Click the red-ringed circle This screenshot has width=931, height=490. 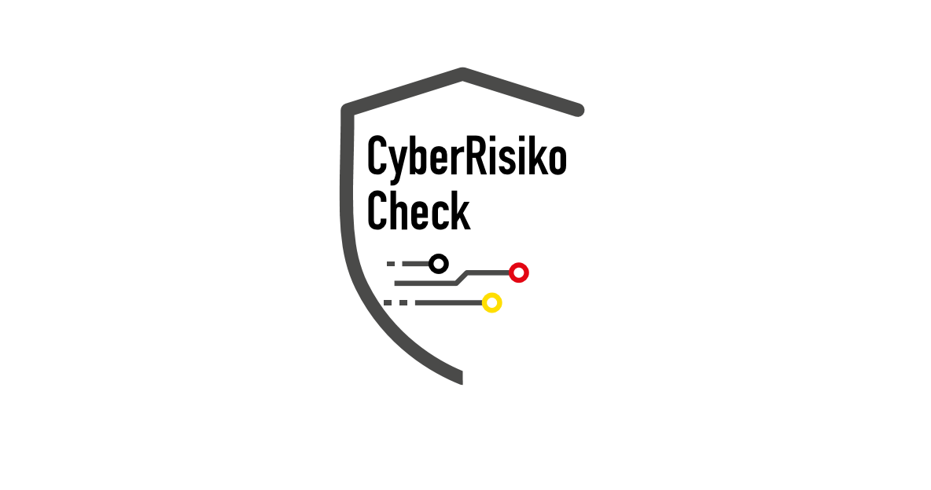519,272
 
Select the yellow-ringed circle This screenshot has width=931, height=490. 492,302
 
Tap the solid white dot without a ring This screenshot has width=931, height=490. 439,264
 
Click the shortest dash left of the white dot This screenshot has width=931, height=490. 391,264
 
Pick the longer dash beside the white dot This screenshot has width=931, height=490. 415,264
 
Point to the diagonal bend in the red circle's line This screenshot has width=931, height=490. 462,278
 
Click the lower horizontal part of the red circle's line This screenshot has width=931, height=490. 425,283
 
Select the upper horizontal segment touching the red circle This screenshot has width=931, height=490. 488,272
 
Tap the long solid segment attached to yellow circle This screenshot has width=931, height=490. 448,302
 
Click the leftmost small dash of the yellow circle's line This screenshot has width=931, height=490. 387,302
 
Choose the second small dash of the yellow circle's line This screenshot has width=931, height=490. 403,302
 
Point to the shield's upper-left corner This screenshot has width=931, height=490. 347,109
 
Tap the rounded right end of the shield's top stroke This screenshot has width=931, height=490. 578,110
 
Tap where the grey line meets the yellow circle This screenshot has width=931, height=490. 482,302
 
